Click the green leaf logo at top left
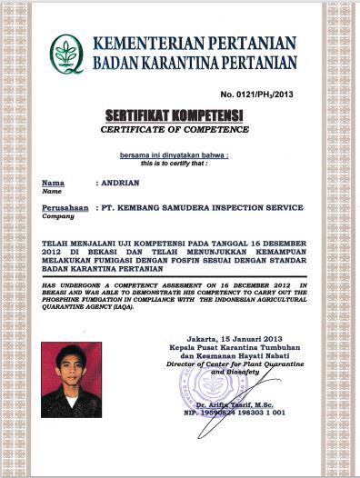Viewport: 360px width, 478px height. coord(66,53)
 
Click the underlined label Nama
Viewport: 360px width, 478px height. coord(53,182)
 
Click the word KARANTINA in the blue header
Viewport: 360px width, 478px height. coord(177,63)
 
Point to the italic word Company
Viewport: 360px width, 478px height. coord(56,216)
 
